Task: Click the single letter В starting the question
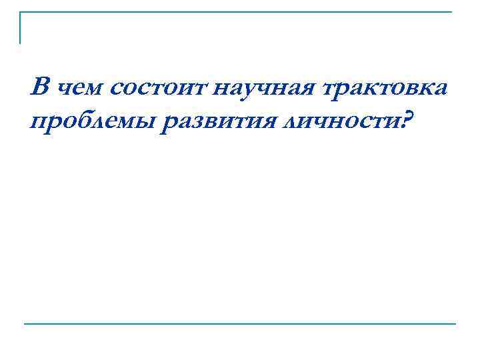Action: pos(39,87)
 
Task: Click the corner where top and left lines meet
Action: pos(21,13)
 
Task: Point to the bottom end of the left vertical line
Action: pos(21,43)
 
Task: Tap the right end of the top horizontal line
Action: pos(451,13)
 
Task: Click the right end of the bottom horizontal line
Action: pos(455,324)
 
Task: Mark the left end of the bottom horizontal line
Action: pos(25,324)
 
